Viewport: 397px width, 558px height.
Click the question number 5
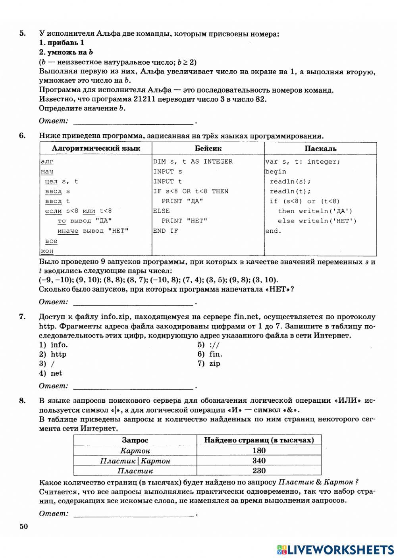click(x=23, y=33)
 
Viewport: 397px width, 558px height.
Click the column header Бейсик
click(x=208, y=149)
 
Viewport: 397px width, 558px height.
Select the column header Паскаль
click(x=320, y=149)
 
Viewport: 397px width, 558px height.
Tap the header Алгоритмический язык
click(x=96, y=149)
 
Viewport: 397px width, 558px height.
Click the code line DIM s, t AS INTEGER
click(x=193, y=162)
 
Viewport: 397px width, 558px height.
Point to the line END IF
click(x=166, y=231)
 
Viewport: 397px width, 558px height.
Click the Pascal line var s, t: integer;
click(x=303, y=162)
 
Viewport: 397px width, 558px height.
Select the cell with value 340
click(x=259, y=461)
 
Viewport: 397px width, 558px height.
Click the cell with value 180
click(x=259, y=450)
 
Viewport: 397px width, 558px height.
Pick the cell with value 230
click(x=259, y=471)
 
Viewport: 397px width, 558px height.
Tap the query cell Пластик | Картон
click(x=135, y=461)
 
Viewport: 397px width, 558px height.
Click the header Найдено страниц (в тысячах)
click(x=259, y=440)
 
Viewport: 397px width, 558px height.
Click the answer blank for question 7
click(x=133, y=386)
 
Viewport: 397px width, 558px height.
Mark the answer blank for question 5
click(x=133, y=122)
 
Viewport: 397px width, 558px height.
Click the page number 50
click(x=23, y=527)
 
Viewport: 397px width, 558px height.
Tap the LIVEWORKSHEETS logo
click(x=335, y=549)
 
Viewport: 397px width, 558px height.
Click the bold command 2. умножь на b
click(x=66, y=52)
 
